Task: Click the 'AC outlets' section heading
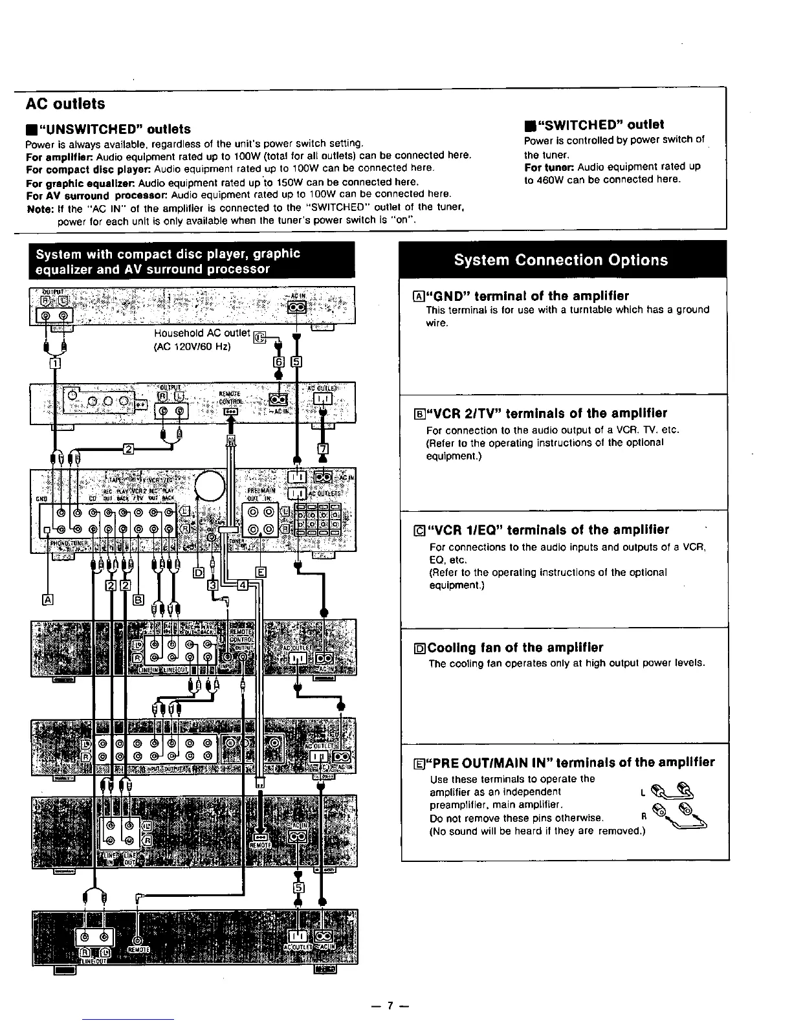pyautogui.click(x=65, y=104)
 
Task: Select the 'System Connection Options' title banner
pyautogui.click(x=560, y=260)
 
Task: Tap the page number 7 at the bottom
pyautogui.click(x=390, y=1006)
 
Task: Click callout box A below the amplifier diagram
pyautogui.click(x=47, y=599)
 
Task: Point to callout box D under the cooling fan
pyautogui.click(x=199, y=573)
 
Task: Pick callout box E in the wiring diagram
pyautogui.click(x=261, y=572)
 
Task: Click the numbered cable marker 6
pyautogui.click(x=279, y=361)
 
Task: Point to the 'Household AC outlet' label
pyautogui.click(x=201, y=333)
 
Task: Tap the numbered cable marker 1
pyautogui.click(x=55, y=364)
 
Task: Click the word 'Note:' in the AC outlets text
pyautogui.click(x=39, y=208)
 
